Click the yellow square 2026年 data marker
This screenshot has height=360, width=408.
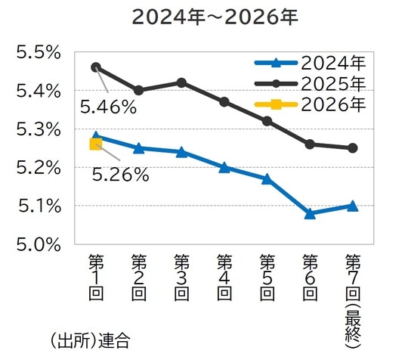click(95, 144)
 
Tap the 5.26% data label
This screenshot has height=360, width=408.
click(120, 175)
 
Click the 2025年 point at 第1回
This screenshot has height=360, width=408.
click(95, 67)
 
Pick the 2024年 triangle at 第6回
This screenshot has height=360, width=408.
click(310, 213)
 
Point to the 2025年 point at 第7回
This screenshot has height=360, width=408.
click(352, 147)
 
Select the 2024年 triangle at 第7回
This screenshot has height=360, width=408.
click(352, 206)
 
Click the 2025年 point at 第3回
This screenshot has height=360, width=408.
click(181, 82)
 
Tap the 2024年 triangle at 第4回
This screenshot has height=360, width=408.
click(224, 167)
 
